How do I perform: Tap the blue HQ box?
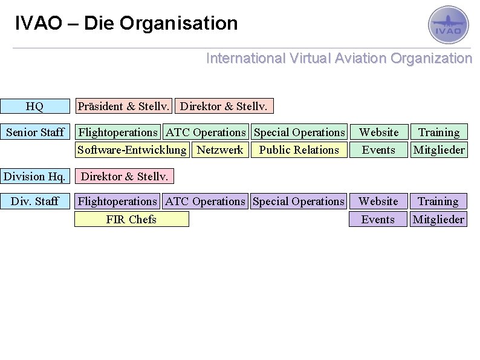coord(35,106)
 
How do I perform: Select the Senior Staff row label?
coord(35,132)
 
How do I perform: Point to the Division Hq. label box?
coord(35,177)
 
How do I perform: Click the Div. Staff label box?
coord(35,201)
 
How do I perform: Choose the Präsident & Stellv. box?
coord(123,106)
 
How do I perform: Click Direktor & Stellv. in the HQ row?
coord(224,106)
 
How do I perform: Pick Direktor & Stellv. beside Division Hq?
coord(124,177)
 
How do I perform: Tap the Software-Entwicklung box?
coord(132,149)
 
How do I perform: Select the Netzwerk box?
coord(220,149)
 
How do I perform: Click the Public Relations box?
coord(299,149)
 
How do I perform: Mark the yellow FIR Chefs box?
coord(131,219)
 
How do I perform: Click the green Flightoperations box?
coord(118,132)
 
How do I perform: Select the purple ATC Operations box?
coord(206,201)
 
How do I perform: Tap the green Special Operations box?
coord(299,132)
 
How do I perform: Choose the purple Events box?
coord(378,219)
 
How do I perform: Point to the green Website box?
coord(379,132)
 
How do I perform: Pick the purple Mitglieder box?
coord(438,219)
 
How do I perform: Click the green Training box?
coord(439,132)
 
